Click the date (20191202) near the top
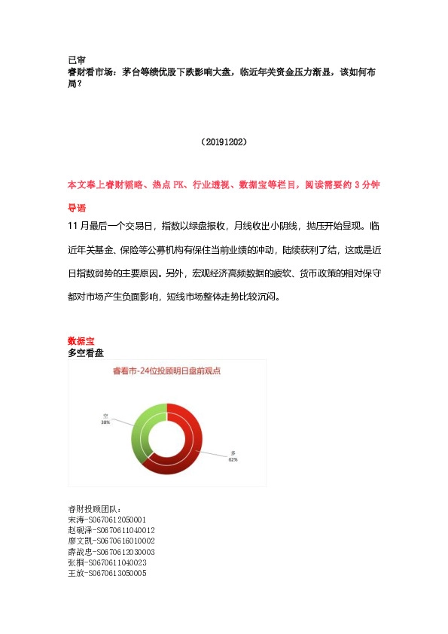(x=224, y=142)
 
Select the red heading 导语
(x=76, y=207)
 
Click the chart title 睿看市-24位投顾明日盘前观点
(x=166, y=370)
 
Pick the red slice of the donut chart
(x=187, y=452)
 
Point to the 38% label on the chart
(x=106, y=423)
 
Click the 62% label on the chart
(x=233, y=458)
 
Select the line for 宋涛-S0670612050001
(x=107, y=520)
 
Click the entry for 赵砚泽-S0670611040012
(x=111, y=530)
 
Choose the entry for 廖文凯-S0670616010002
(x=111, y=541)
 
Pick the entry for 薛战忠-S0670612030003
(x=111, y=552)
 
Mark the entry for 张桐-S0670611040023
(x=107, y=562)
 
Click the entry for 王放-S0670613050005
(x=107, y=573)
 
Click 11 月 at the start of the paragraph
(x=78, y=225)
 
